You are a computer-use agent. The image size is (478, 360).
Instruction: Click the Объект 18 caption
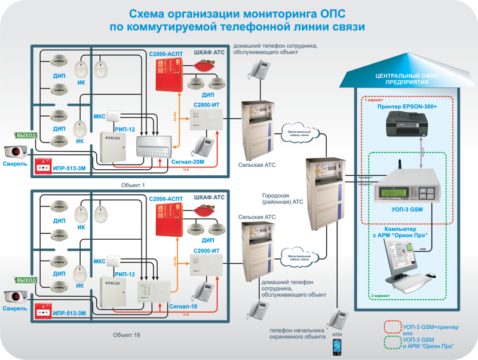point(127,335)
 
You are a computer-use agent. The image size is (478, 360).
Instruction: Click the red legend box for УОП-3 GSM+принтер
point(393,327)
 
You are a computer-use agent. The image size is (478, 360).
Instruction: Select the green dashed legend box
point(393,343)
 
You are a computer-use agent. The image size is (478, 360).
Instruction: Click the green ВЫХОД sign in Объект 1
point(26,136)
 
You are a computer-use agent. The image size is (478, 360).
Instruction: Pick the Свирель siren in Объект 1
point(17,151)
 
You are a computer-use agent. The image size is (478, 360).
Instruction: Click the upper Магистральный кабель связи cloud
point(297,135)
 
